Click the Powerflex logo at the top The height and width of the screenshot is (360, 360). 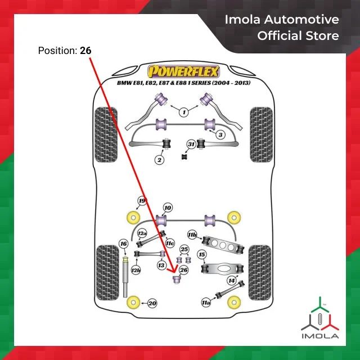(183, 71)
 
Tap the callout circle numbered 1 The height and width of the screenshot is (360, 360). (184, 112)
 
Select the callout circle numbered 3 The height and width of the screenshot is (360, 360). (220, 134)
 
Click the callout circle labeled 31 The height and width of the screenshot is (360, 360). (191, 145)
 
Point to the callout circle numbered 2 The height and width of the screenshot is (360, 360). (159, 160)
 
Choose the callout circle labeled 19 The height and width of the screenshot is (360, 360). (142, 201)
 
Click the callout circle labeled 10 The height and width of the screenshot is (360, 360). (168, 208)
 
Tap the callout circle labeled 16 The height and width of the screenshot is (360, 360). (124, 244)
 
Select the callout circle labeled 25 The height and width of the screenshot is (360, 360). (184, 249)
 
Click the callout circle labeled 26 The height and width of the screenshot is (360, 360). (184, 270)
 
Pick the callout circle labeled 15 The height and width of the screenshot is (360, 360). (202, 255)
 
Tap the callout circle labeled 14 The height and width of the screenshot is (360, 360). (232, 281)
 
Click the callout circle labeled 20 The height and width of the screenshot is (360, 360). (152, 304)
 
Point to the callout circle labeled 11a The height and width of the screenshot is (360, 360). (206, 303)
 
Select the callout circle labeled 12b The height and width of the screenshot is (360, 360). (136, 270)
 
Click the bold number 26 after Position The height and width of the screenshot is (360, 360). (85, 51)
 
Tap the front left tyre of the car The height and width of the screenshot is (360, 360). (106, 135)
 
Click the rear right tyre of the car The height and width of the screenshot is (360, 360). (260, 272)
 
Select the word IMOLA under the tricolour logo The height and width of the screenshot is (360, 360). (320, 336)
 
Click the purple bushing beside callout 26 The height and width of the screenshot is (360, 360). (177, 280)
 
